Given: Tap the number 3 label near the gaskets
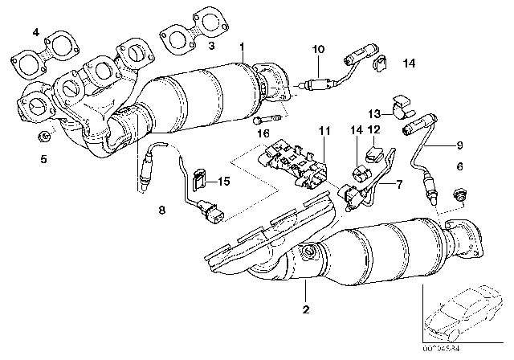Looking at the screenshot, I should coord(212,48).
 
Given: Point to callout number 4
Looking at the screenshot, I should coord(35,31).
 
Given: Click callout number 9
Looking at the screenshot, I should coord(459,145).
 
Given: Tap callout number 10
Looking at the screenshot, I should coord(319,50).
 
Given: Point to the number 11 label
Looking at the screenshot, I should coord(323,131).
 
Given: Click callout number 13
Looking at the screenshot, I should coord(374,113).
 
